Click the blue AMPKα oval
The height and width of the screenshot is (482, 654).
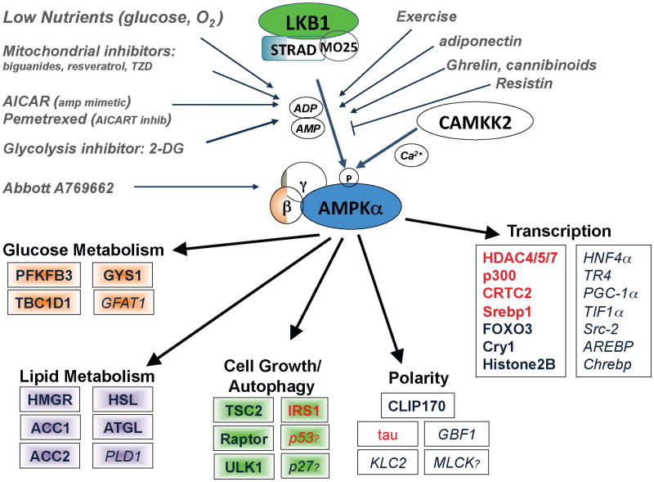pos(352,209)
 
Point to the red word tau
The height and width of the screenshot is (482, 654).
pos(388,434)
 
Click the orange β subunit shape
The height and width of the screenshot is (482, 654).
pos(287,207)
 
